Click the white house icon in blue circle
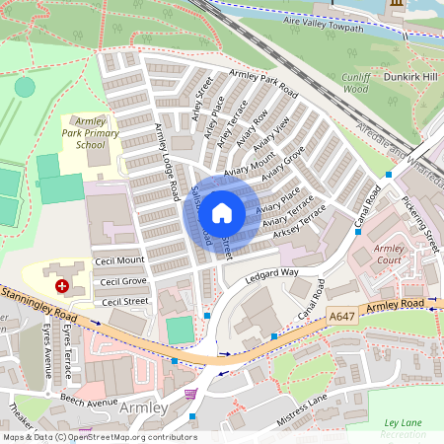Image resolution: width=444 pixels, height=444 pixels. coord(222,212)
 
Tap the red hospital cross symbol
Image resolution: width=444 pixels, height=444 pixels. coord(62,285)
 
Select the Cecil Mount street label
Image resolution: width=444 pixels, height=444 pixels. coord(119,260)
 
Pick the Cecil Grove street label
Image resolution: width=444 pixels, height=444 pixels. coord(122,282)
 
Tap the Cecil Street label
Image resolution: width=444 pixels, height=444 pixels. coord(125,302)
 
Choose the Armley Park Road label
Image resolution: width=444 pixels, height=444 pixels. coord(262,82)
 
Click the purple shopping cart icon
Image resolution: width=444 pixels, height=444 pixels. coord(189,394)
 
